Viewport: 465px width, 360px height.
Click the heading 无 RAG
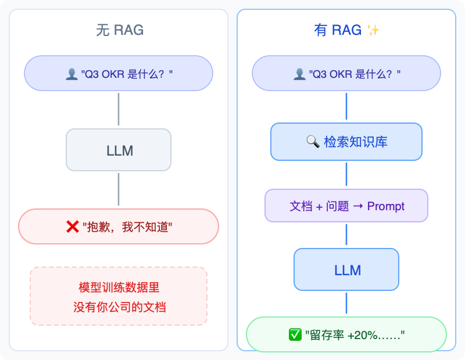[119, 30]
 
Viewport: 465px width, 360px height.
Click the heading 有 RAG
[338, 30]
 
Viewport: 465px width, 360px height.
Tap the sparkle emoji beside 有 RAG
[373, 31]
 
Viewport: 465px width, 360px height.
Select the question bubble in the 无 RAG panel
[119, 73]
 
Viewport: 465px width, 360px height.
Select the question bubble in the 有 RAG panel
[346, 73]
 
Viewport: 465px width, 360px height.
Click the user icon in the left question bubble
[71, 74]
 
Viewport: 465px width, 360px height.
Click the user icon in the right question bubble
[299, 74]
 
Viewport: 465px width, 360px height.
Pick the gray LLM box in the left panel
[119, 150]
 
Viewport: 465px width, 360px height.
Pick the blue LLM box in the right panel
[346, 270]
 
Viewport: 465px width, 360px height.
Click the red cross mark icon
[73, 227]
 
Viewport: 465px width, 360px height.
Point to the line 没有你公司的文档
[119, 307]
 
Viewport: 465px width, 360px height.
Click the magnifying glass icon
[313, 142]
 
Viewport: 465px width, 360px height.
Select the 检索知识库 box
[346, 142]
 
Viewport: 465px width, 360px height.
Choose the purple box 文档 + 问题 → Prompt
[346, 206]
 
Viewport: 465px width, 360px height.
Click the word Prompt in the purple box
[386, 206]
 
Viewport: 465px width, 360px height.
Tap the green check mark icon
[295, 334]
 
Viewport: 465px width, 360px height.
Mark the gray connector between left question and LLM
[119, 109]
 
